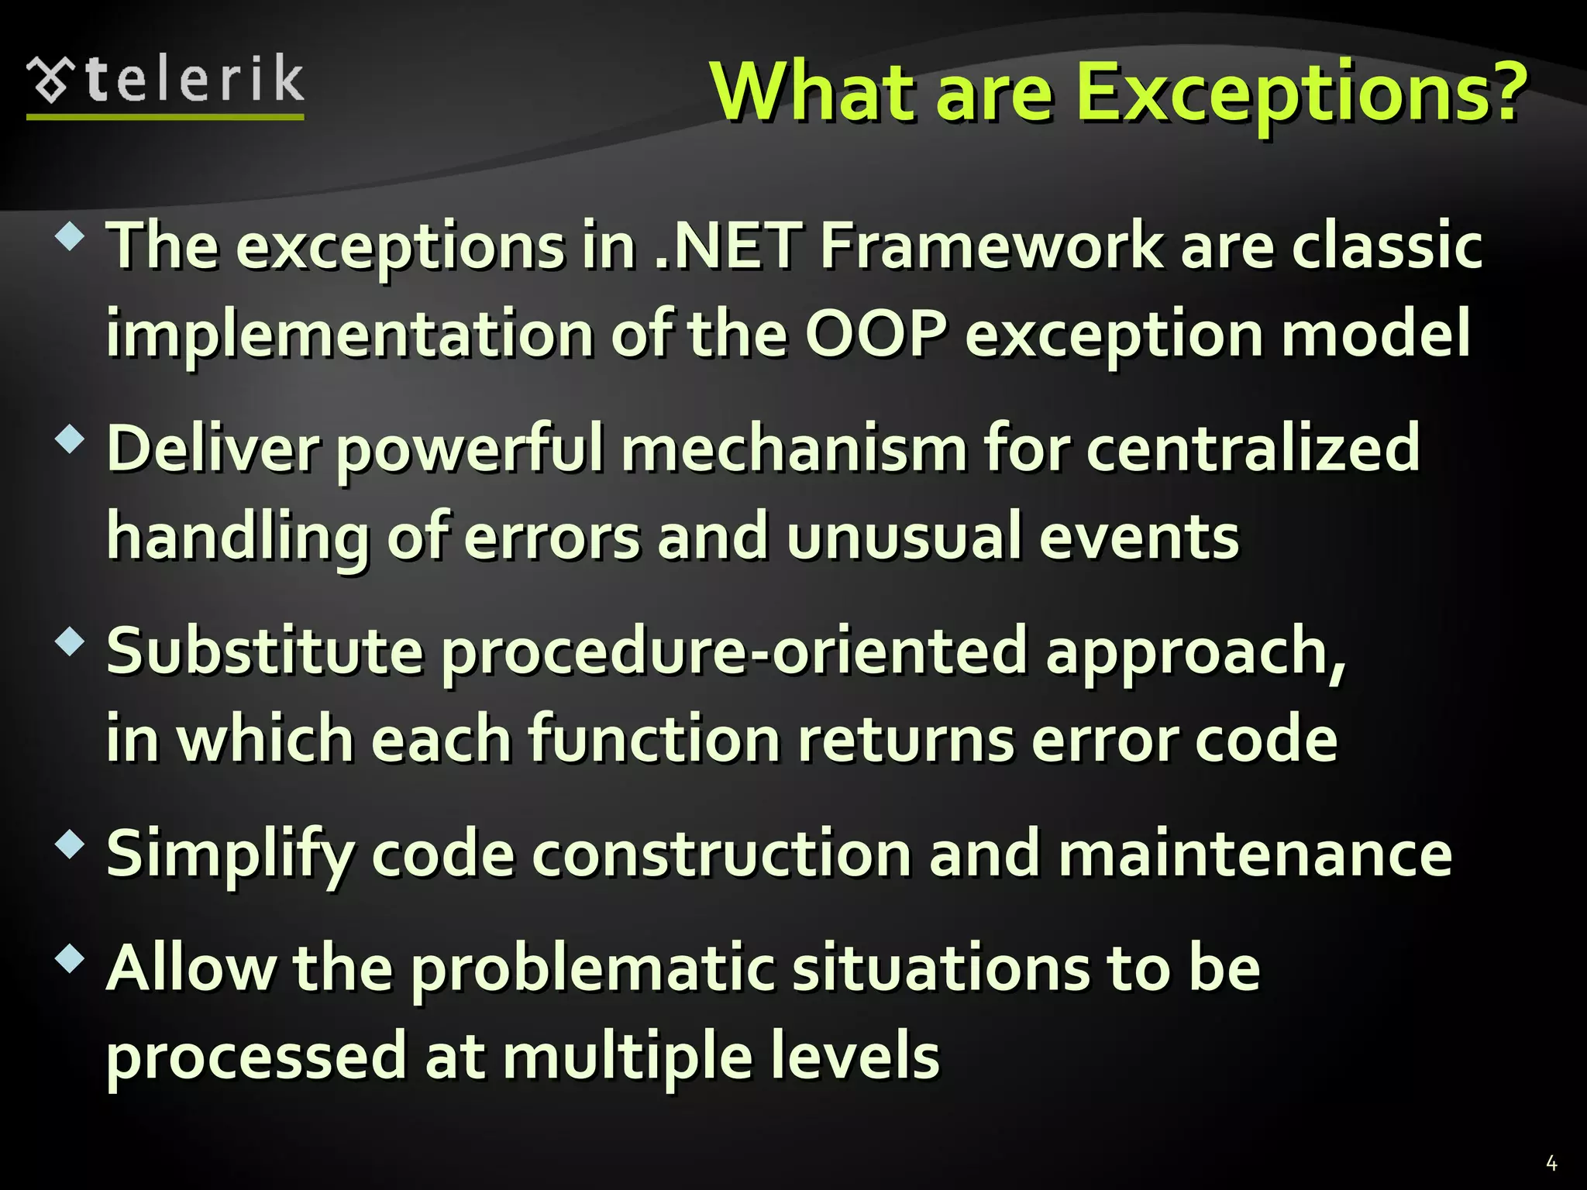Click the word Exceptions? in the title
(1302, 93)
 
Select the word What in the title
(814, 93)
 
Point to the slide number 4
(1551, 1162)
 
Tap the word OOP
(876, 335)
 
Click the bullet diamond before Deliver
(70, 439)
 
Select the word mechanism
(793, 449)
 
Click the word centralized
(1253, 449)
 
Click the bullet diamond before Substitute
(70, 641)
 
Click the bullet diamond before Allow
(70, 959)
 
